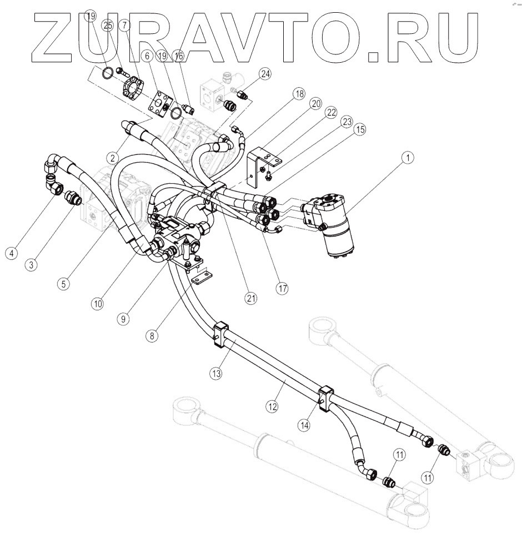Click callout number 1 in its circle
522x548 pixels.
tap(408, 159)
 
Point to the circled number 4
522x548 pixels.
tap(11, 253)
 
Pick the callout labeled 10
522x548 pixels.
tap(98, 304)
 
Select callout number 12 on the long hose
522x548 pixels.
tap(272, 407)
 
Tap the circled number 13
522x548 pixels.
tap(217, 374)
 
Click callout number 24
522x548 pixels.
tap(265, 73)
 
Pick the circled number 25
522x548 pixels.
tap(108, 26)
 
